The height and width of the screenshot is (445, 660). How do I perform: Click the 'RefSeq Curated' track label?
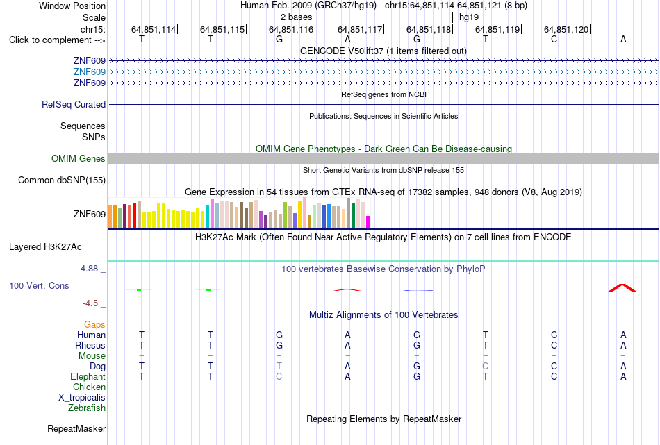click(74, 104)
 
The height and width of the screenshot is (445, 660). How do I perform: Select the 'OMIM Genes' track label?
click(79, 158)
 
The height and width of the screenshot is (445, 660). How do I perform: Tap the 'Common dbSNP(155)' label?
click(62, 180)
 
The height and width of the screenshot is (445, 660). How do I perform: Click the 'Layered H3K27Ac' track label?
click(45, 247)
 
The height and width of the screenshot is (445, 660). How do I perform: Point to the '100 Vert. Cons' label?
click(39, 285)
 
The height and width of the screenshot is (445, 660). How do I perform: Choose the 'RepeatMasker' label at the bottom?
click(76, 428)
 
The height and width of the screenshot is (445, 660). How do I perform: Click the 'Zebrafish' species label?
click(87, 408)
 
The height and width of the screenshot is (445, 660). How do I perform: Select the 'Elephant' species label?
click(88, 376)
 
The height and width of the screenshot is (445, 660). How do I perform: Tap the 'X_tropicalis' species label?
click(82, 398)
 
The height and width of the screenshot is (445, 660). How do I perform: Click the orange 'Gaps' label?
click(94, 324)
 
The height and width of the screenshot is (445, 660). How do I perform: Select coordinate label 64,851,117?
click(360, 29)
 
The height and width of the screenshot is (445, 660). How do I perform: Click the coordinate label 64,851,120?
click(566, 29)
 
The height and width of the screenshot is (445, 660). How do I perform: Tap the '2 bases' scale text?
click(297, 17)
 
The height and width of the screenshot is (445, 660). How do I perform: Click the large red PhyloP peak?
click(622, 287)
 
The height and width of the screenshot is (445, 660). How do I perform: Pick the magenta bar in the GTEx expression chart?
click(368, 221)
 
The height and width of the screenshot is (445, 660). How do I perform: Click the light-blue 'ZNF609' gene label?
click(90, 72)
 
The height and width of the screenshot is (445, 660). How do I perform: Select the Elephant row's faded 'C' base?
click(279, 376)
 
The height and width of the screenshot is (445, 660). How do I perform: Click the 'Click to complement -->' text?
click(57, 40)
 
